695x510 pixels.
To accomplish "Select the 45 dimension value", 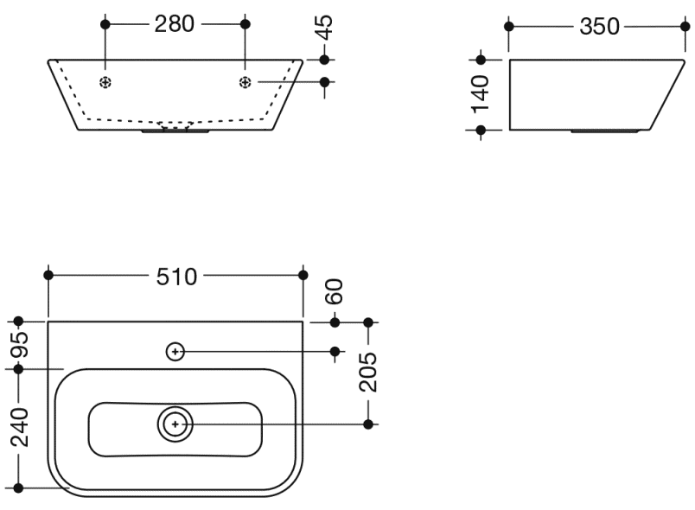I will tap(323, 28).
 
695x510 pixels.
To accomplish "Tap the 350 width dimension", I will tap(599, 27).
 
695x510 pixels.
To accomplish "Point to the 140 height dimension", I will tap(481, 93).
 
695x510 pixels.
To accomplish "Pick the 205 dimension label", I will tap(368, 373).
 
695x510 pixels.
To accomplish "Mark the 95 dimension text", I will tap(19, 345).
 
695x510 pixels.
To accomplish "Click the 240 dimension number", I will tap(19, 428).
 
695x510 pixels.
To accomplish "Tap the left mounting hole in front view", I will tap(105, 82).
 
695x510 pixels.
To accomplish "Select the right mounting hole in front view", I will tap(245, 82).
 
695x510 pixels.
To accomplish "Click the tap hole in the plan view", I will tap(175, 351).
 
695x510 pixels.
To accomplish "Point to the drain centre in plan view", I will tap(175, 424).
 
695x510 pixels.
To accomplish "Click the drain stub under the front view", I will tap(175, 132).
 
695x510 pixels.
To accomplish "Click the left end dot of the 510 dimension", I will tap(48, 275).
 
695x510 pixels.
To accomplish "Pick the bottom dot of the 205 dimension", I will tap(368, 424).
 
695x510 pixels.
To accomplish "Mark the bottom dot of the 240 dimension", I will tap(19, 488).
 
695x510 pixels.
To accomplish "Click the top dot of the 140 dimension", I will tap(481, 60).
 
